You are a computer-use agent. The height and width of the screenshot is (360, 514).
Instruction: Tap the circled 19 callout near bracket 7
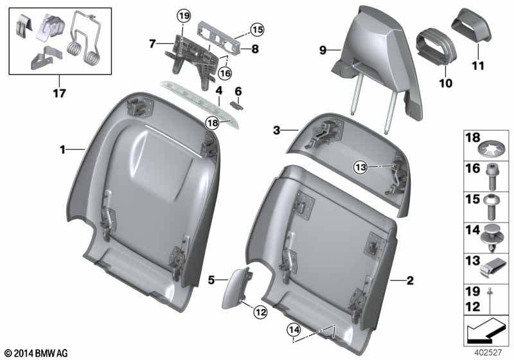(184, 15)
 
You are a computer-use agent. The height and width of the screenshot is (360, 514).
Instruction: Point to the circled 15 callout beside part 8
(257, 29)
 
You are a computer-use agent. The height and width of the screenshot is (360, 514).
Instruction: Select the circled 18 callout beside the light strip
(213, 122)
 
